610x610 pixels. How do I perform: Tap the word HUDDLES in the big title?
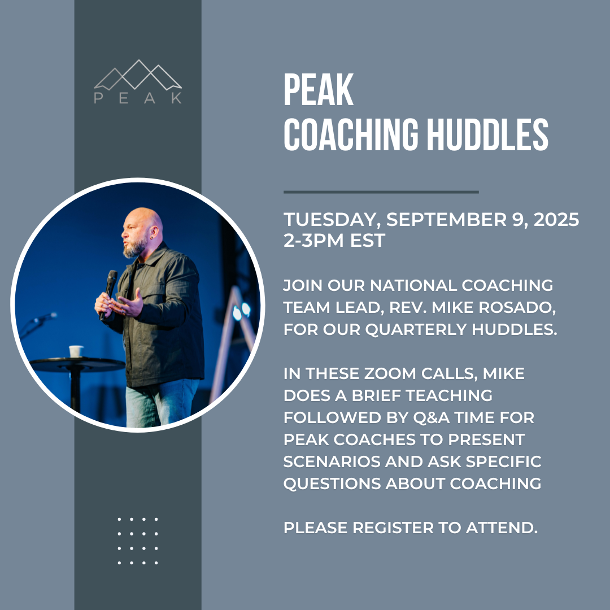click(488, 134)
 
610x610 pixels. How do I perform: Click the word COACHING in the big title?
click(351, 134)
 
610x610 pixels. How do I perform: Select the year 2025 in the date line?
click(556, 219)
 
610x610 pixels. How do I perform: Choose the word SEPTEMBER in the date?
click(446, 219)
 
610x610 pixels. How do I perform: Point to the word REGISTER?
click(393, 528)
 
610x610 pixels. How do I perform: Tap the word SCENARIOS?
click(332, 462)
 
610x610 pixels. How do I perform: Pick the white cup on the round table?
click(76, 351)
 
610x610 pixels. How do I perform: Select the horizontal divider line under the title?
click(381, 192)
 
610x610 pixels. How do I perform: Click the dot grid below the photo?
click(138, 541)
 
